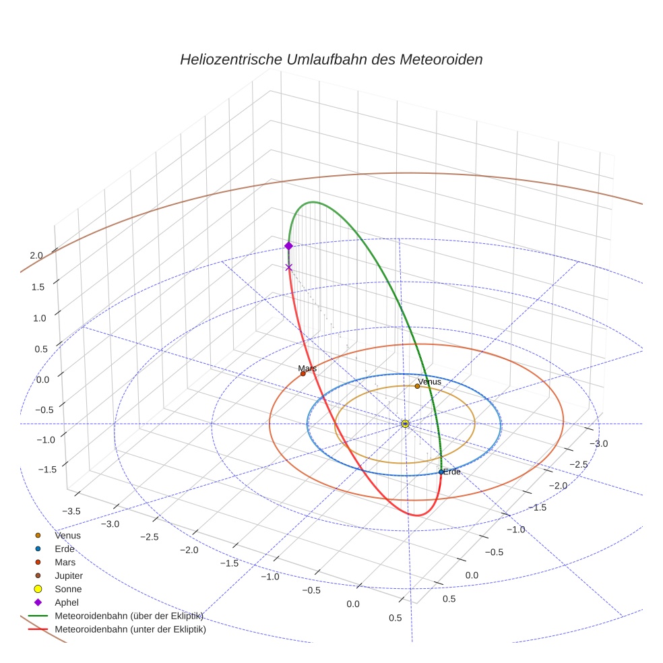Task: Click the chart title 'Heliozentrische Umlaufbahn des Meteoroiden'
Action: [331, 59]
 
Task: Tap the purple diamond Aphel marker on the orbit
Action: [288, 246]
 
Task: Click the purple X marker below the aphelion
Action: [289, 267]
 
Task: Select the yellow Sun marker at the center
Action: [405, 424]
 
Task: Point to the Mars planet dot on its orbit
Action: [303, 373]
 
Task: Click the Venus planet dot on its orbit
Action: [417, 386]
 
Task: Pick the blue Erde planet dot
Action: [441, 472]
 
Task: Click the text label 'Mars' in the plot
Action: [307, 369]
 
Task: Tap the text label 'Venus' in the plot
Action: [429, 382]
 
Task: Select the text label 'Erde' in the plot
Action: [451, 472]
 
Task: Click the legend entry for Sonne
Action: [68, 590]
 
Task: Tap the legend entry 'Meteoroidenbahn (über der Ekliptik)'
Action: [129, 617]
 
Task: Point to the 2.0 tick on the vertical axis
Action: [36, 255]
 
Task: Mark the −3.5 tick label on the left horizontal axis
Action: [69, 511]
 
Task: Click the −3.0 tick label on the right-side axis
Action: [598, 443]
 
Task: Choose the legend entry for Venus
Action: [67, 536]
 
